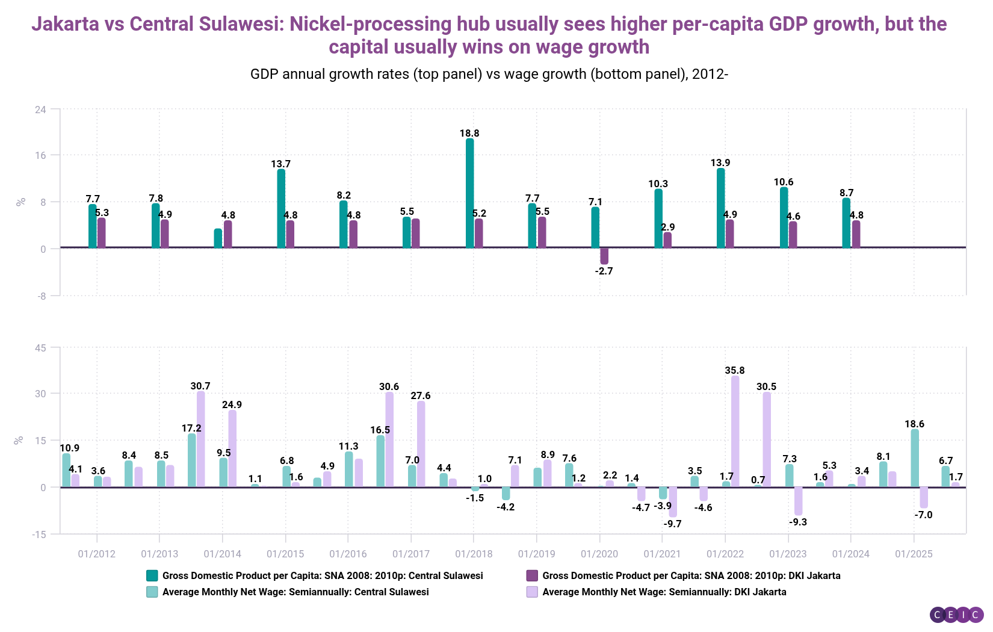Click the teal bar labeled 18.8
[x=469, y=193]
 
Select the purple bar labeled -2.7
[x=604, y=256]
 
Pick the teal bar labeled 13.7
[x=281, y=208]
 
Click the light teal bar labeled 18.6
[x=915, y=458]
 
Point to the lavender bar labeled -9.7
[x=673, y=502]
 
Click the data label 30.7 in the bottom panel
[x=200, y=386]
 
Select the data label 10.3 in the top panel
[x=658, y=184]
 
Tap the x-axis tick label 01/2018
[x=474, y=554]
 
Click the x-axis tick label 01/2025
[x=914, y=554]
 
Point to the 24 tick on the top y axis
[x=40, y=110]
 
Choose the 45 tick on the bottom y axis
[x=40, y=347]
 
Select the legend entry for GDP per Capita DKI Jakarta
[x=691, y=575]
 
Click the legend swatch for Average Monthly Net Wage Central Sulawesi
[x=152, y=592]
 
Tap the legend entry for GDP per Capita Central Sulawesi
[x=323, y=575]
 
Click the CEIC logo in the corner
[x=956, y=615]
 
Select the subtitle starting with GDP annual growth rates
[x=489, y=74]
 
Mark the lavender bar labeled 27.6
[x=421, y=444]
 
